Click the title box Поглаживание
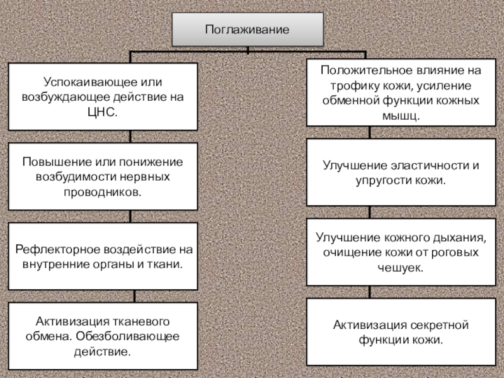pos(248,30)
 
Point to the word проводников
pos(101,191)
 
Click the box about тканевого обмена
pos(102,335)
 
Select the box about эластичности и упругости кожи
pos(401,173)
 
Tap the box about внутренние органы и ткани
pos(102,256)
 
